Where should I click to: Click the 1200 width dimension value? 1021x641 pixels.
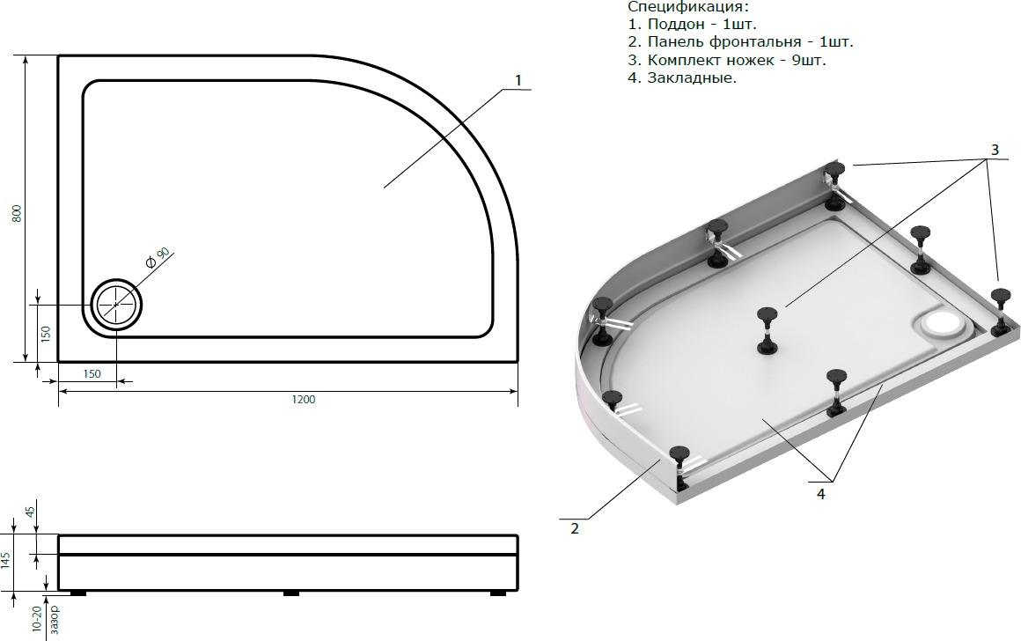(x=304, y=400)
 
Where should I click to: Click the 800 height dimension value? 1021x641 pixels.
(x=18, y=213)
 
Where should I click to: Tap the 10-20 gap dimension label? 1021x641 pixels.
(x=36, y=618)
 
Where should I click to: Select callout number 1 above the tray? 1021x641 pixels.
(x=518, y=81)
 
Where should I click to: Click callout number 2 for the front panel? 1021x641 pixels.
(x=574, y=529)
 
